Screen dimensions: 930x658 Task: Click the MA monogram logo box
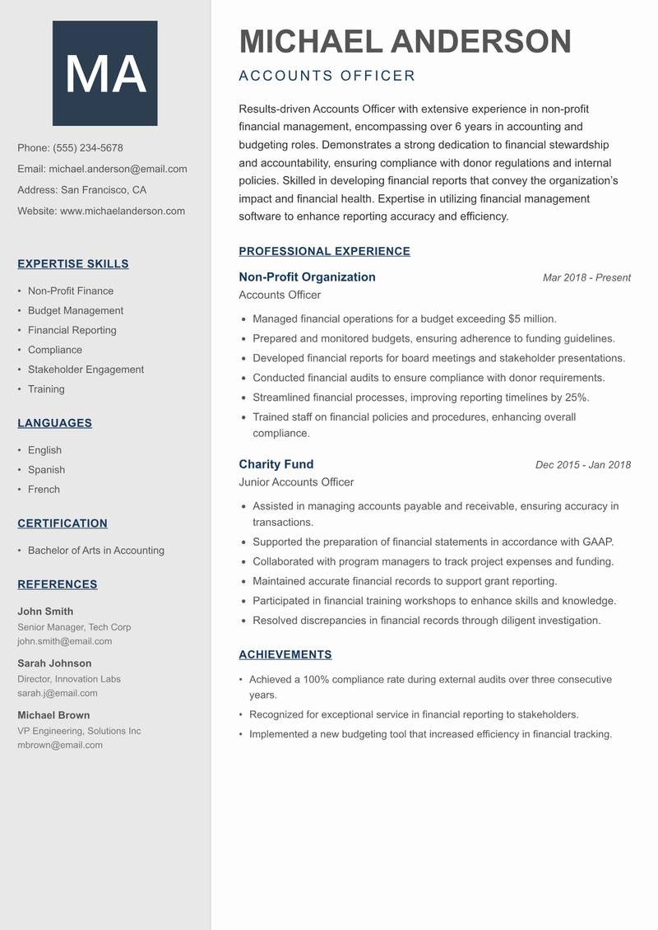pos(104,73)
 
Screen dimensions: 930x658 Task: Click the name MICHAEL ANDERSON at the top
pos(405,42)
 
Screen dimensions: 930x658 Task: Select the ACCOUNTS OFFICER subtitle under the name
pos(327,77)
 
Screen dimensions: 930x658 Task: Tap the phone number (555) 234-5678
pos(87,148)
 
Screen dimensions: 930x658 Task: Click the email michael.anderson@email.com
pos(118,169)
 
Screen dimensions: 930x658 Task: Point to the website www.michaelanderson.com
pos(123,211)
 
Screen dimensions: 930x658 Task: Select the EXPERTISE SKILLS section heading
pos(73,264)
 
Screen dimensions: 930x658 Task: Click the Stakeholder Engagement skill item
pos(86,370)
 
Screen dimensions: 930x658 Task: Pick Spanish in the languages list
pos(46,470)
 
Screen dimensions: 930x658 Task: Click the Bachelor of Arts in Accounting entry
pos(95,551)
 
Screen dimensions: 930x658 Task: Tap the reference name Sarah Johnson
pos(54,663)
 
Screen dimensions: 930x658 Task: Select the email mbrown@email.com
pos(60,745)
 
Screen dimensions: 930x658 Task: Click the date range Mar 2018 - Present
pos(586,278)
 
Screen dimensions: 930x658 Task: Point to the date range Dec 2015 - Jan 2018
pos(582,465)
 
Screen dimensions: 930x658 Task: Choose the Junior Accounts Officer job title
pos(296,482)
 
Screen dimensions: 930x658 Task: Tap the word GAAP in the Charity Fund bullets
pos(597,542)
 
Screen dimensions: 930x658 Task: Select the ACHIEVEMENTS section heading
pos(285,655)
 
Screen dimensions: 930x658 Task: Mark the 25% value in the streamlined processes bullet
pos(577,398)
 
